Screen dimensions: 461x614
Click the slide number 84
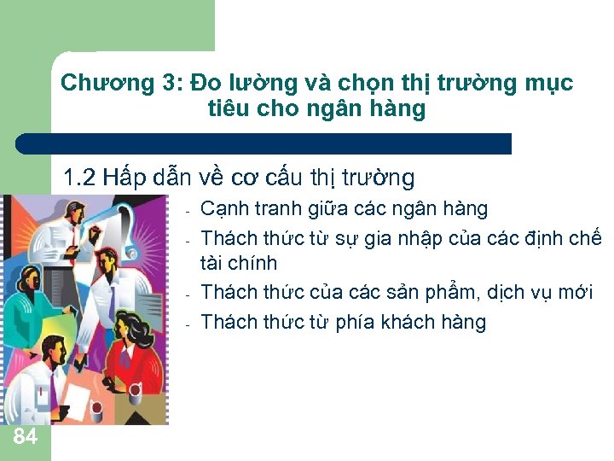[x=26, y=437]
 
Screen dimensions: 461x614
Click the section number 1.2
[x=81, y=178]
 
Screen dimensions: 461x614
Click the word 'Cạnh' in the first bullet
[x=226, y=209]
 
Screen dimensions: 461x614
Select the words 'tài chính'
[x=239, y=265]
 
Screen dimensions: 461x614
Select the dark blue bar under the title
[x=264, y=143]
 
